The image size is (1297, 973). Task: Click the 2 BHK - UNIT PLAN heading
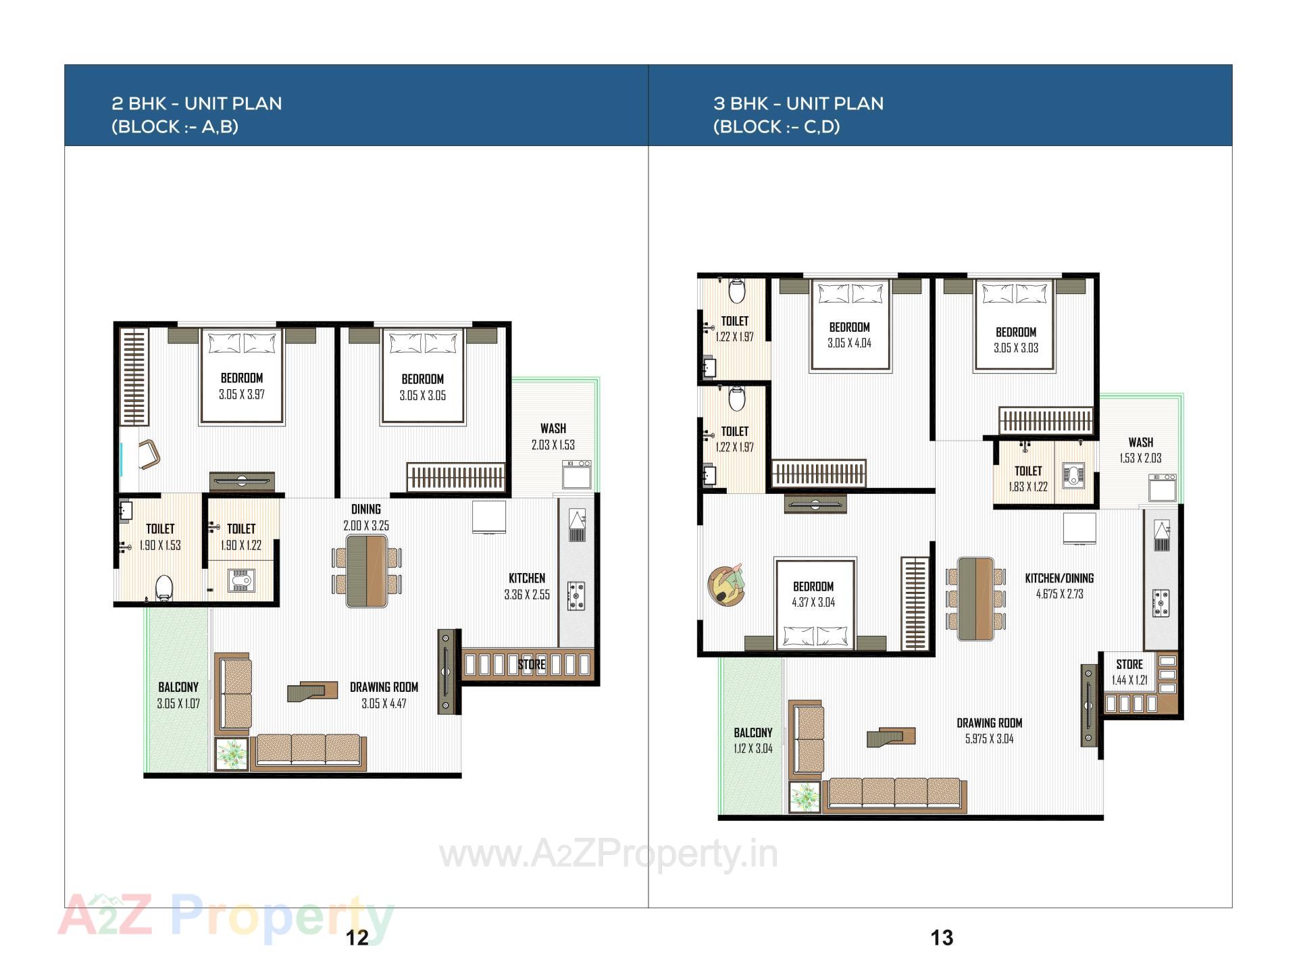pos(197,103)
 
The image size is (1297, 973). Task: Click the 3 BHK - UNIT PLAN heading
pos(798,103)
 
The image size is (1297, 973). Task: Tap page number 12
pos(357,937)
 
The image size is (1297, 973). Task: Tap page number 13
pos(942,937)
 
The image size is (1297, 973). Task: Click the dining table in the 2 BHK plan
pos(367,571)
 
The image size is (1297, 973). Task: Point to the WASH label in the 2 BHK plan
pos(553,428)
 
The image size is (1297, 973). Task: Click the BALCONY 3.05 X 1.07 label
pos(178,695)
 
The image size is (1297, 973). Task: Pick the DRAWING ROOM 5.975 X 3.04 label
pos(989,730)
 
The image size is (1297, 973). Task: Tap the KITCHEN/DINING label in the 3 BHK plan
pos(1059,578)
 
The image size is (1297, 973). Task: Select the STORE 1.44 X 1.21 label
pos(1129,672)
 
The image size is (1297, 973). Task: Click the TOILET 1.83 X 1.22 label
pos(1028,478)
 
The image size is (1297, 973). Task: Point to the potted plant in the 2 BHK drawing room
pos(231,754)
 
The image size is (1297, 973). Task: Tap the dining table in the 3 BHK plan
pos(976,599)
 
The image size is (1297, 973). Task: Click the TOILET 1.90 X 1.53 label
pos(160,537)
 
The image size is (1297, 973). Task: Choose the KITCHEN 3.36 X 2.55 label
pos(527,587)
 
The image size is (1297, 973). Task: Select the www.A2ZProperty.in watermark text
pos(608,855)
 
